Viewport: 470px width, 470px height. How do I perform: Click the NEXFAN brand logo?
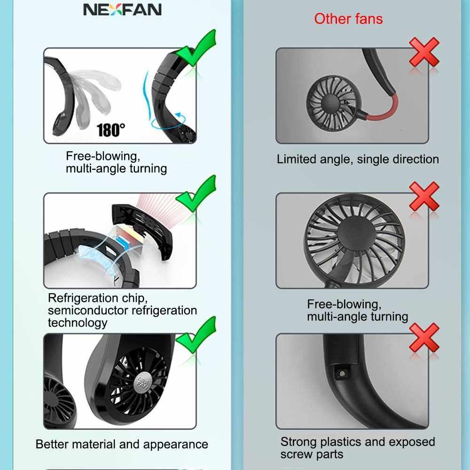[122, 9]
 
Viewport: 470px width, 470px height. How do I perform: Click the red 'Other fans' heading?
[348, 19]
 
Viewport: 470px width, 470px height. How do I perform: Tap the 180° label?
[110, 130]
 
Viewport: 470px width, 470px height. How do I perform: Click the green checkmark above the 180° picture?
[196, 47]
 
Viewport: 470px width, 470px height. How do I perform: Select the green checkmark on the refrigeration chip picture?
[196, 193]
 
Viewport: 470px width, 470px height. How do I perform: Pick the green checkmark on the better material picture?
[196, 335]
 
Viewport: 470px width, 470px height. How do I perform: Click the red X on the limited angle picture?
[424, 52]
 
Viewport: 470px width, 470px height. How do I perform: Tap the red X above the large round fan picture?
[424, 196]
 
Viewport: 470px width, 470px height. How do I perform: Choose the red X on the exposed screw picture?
[424, 337]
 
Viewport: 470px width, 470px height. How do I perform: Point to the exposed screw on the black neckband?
[342, 373]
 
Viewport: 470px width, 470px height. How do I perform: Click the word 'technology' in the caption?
[78, 323]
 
